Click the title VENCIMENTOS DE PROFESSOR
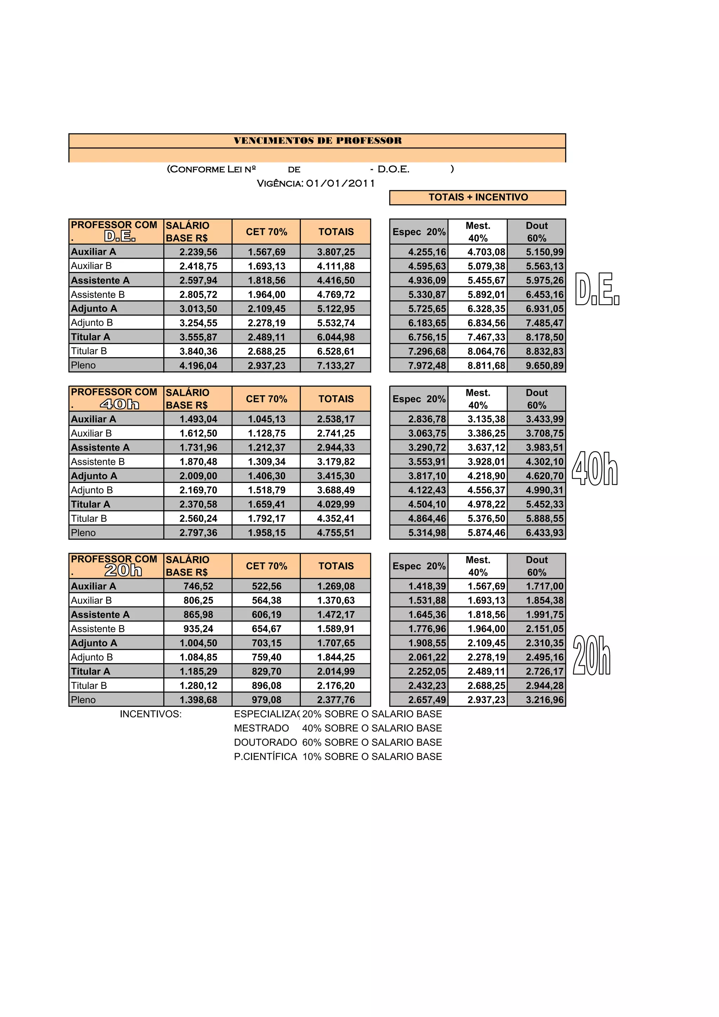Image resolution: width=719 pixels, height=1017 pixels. pyautogui.click(x=318, y=141)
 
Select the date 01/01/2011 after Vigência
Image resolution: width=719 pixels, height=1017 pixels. pyautogui.click(x=340, y=184)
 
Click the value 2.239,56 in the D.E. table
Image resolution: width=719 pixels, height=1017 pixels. pyautogui.click(x=198, y=252)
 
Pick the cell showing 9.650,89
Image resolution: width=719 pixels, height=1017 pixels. pyautogui.click(x=544, y=366)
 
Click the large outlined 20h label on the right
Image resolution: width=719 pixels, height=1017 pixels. pyautogui.click(x=592, y=655)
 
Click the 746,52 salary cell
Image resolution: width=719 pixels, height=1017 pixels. pyautogui.click(x=198, y=586)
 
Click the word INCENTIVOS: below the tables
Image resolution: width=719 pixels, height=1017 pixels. pyautogui.click(x=151, y=714)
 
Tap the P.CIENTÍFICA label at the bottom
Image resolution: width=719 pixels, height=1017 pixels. pyautogui.click(x=265, y=757)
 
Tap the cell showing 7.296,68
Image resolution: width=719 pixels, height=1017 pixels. pyautogui.click(x=427, y=352)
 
